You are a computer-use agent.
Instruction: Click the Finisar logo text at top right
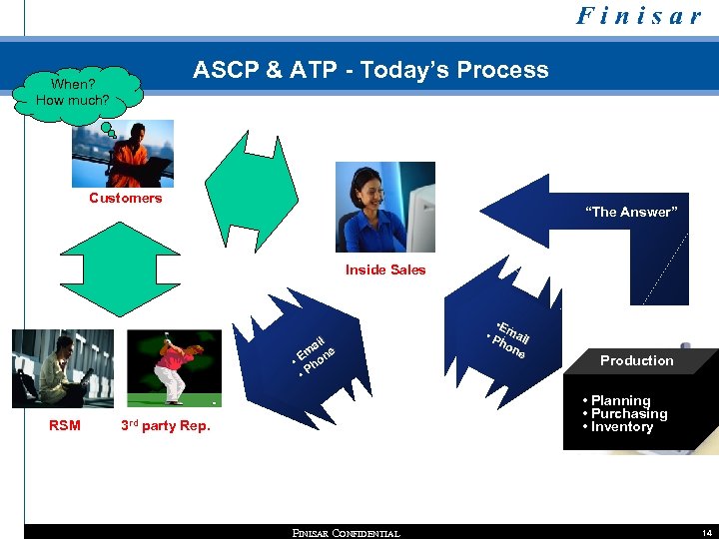click(638, 17)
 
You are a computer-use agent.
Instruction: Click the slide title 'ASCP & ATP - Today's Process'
click(370, 70)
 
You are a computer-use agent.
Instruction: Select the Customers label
click(125, 198)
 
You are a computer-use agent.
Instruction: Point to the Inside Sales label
click(385, 269)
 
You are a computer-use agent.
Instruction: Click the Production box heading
click(636, 360)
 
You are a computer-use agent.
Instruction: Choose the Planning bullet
click(619, 400)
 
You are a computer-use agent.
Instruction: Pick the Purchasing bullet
click(627, 413)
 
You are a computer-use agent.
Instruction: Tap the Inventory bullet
click(620, 426)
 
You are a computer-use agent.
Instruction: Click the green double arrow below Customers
click(129, 267)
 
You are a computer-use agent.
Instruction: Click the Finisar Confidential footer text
click(346, 533)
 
